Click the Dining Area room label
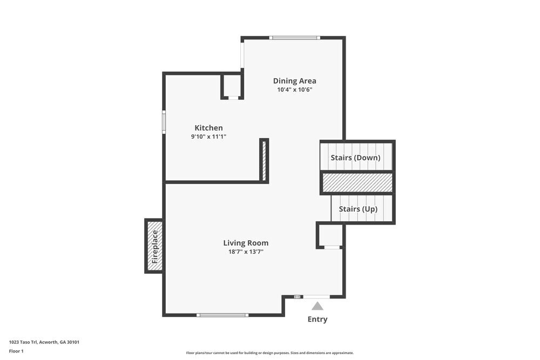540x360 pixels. [294, 81]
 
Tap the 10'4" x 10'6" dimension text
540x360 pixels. [295, 90]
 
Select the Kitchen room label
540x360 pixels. [208, 128]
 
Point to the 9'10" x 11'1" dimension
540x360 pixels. [208, 137]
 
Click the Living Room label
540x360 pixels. [246, 243]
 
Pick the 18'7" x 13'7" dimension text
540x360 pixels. [246, 252]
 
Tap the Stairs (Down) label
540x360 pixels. [355, 158]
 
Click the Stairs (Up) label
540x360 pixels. [358, 209]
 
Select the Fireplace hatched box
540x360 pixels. [154, 246]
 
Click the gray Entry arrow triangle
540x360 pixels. [318, 306]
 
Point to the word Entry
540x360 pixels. [318, 319]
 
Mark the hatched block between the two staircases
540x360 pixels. [357, 182]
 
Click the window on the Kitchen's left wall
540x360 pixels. [164, 122]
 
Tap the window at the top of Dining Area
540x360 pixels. [295, 38]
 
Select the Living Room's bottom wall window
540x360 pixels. [222, 315]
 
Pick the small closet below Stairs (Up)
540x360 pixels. [330, 236]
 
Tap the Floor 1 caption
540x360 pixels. [16, 351]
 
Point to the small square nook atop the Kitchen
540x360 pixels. [232, 86]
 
